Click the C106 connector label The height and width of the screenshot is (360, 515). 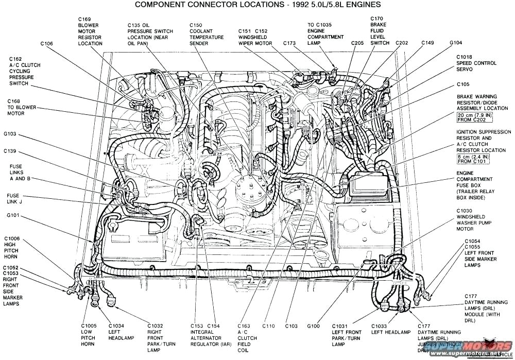[46, 44]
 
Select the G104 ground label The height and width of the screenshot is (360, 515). [455, 43]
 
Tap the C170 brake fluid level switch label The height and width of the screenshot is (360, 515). [380, 31]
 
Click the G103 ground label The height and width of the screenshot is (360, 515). [10, 134]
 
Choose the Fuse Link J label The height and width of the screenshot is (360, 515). [13, 198]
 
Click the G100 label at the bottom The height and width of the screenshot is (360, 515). [313, 326]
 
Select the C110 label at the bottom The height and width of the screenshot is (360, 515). [268, 326]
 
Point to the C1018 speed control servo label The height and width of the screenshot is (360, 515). [476, 63]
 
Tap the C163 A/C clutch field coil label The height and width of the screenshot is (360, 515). [244, 335]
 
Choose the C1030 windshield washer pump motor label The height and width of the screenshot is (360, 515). [471, 220]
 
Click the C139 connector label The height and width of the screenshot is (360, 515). [10, 151]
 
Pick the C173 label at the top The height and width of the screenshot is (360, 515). [288, 44]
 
